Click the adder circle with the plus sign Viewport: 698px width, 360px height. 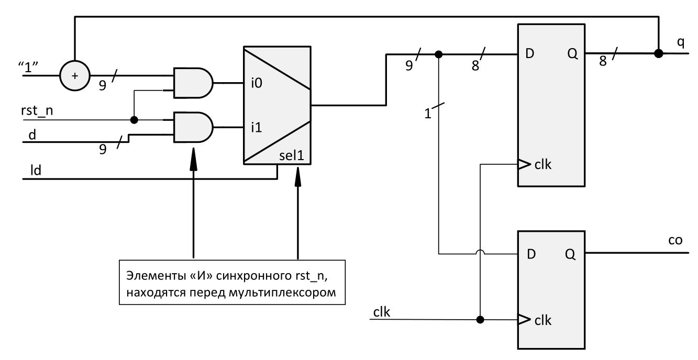75,75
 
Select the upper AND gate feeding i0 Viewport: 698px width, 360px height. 193,83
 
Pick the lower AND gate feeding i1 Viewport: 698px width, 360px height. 193,127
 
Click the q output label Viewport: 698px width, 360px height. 681,43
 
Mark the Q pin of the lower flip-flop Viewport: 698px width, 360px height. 570,255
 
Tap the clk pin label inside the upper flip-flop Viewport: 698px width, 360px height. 543,165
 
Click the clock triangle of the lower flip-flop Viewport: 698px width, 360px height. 524,320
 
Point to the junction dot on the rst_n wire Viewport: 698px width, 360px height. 134,120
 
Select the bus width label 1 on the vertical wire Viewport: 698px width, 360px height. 428,113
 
